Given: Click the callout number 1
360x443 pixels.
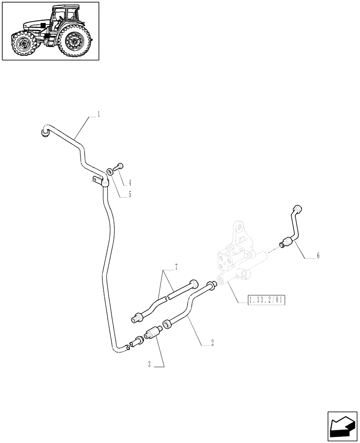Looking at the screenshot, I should pos(98,114).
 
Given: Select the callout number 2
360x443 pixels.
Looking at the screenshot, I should pos(212,342).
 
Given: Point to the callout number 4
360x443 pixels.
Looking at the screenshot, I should pos(130,182).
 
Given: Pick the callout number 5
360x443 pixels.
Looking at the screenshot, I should pos(130,194).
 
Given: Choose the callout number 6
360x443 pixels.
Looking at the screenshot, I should pos(318,256).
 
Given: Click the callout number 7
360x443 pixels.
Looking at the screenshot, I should pos(176,267).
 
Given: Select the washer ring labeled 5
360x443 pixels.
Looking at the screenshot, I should pos(109,171).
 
